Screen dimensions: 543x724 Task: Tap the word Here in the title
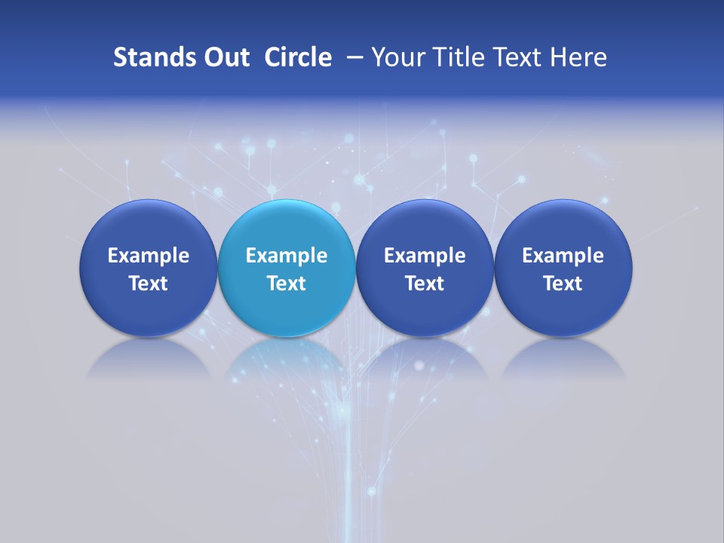pyautogui.click(x=578, y=57)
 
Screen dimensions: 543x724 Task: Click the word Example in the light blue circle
pyautogui.click(x=287, y=256)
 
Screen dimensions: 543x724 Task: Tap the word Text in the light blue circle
pyautogui.click(x=287, y=284)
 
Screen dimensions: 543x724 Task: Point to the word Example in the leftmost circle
pyautogui.click(x=149, y=256)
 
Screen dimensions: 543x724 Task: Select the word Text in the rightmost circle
pyautogui.click(x=563, y=284)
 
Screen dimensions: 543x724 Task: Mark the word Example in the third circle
pyautogui.click(x=425, y=256)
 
